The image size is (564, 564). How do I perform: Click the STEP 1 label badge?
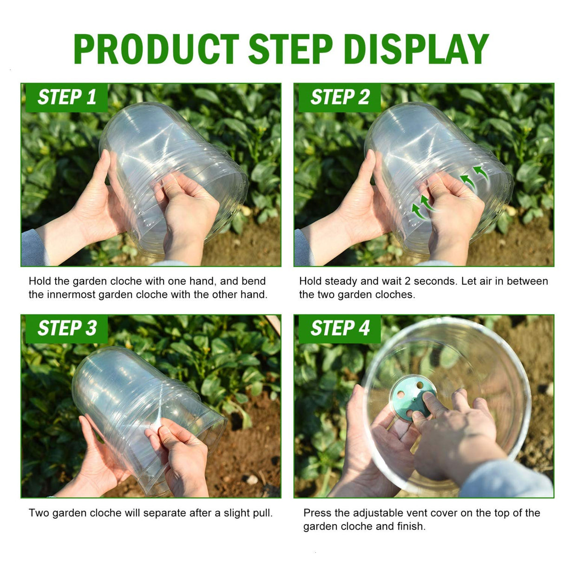coord(66,98)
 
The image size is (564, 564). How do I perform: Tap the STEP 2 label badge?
coord(339,98)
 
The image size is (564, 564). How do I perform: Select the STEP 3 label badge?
coord(66,328)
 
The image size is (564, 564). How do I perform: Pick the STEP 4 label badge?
coord(339,328)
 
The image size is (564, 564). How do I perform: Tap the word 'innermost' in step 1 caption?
coord(71,295)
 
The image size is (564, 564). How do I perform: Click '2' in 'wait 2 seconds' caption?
coord(407,281)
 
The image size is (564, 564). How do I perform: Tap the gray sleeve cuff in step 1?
coord(33,249)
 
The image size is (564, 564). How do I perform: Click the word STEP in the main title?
coord(290,49)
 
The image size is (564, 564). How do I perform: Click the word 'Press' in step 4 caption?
coord(317,513)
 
